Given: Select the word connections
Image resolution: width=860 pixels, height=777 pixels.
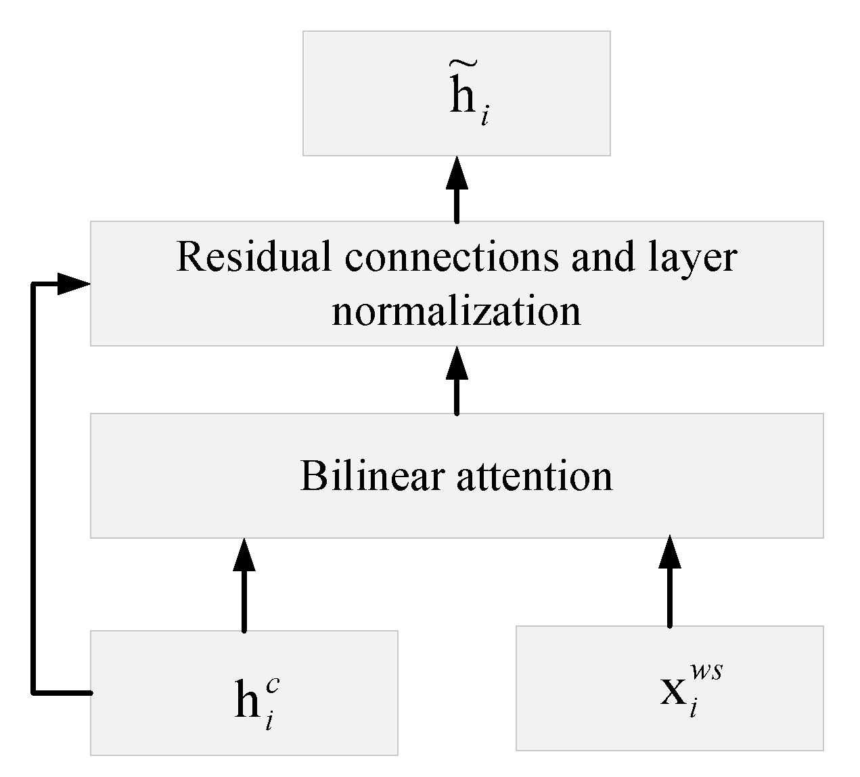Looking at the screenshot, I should click(451, 257).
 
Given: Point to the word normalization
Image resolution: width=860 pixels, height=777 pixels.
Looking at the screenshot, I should click(456, 312).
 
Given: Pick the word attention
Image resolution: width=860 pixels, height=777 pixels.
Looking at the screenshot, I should click(535, 476).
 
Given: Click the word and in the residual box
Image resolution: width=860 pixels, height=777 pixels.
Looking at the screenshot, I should click(597, 257).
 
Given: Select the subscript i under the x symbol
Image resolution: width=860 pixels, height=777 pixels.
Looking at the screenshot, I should click(693, 711).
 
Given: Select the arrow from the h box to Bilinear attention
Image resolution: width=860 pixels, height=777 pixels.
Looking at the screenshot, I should click(244, 585).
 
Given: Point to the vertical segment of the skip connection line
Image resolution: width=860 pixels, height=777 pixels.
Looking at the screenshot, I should click(33, 487).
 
